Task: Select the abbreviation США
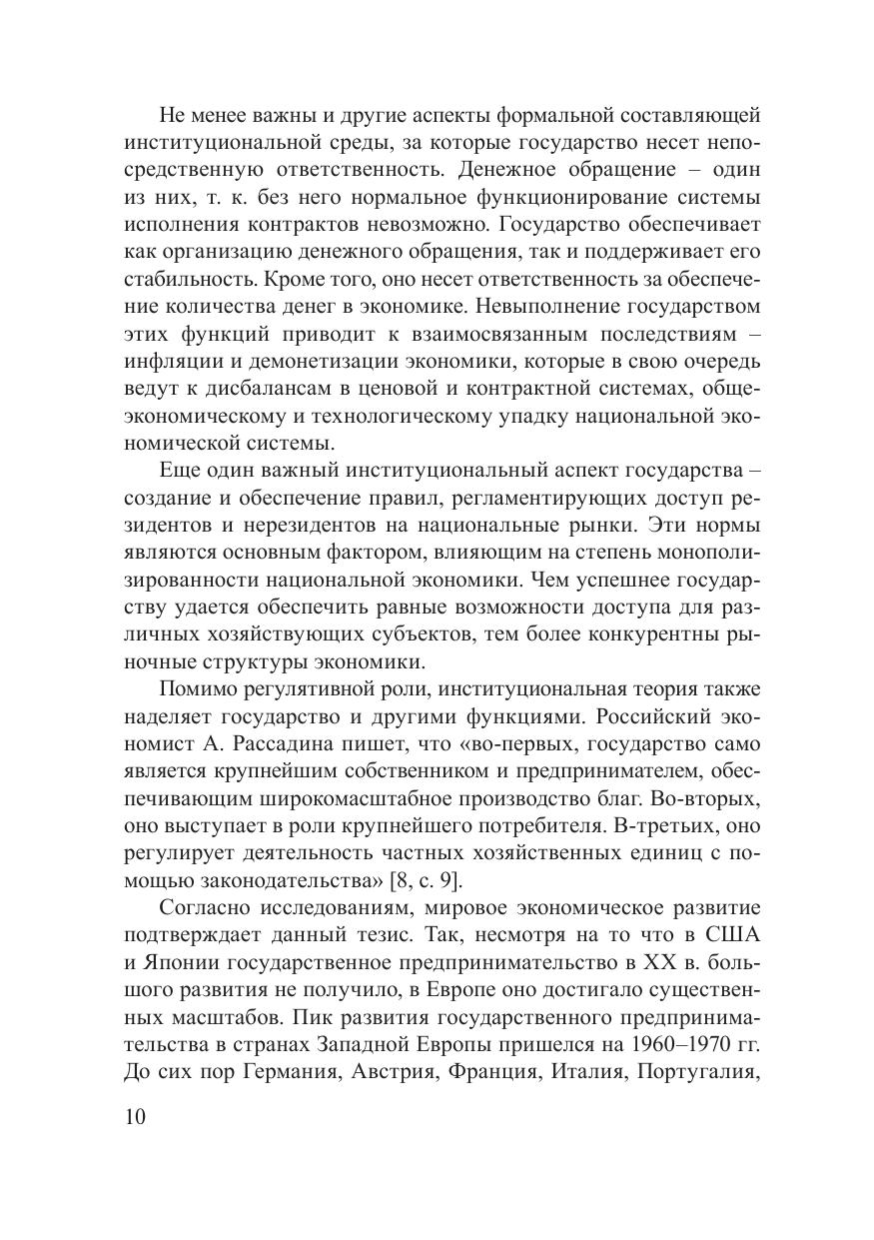(x=737, y=935)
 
